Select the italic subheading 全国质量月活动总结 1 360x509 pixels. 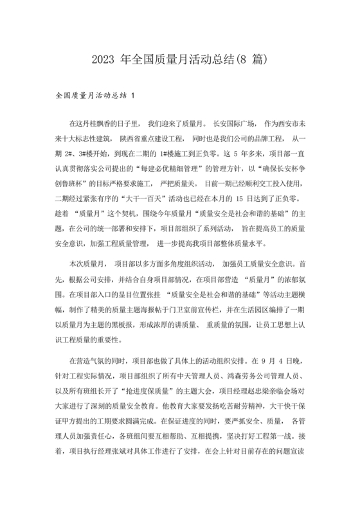point(96,96)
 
